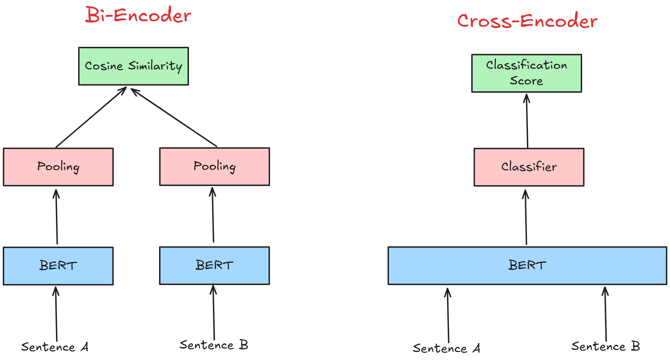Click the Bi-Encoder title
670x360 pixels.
(138, 15)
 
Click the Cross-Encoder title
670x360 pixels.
(527, 21)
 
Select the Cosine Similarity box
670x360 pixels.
(133, 66)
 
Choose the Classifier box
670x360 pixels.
(529, 167)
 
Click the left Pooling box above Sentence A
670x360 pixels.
(58, 167)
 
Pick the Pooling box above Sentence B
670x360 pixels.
(214, 166)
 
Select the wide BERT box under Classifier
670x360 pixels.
(527, 265)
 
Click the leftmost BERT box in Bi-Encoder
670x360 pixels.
(58, 266)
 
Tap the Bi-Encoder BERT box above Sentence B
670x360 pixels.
(214, 265)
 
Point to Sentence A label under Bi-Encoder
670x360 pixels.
(55, 347)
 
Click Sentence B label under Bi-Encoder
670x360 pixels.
(214, 345)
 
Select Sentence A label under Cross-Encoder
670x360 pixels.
(446, 348)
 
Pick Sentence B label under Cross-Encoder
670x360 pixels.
(605, 346)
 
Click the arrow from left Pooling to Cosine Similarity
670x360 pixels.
(91, 117)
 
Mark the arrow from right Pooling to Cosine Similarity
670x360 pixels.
(174, 117)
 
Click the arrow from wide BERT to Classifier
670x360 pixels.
(526, 217)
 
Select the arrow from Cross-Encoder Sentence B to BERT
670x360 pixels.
(605, 314)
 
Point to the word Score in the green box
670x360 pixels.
(526, 81)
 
